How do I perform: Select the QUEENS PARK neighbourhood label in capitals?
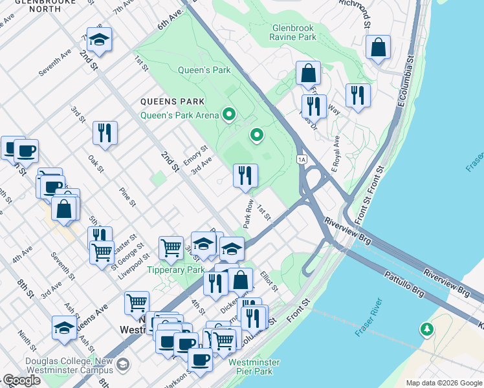(173, 102)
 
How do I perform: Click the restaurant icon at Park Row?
(245, 175)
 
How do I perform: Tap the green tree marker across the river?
(427, 330)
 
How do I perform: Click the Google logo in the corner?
(21, 380)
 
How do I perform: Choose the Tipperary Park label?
(175, 270)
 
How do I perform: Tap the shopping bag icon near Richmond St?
(378, 47)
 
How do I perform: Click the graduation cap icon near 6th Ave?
(99, 40)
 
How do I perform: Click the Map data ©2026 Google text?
(443, 383)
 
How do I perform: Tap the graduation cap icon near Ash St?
(64, 329)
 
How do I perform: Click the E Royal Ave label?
(336, 153)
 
